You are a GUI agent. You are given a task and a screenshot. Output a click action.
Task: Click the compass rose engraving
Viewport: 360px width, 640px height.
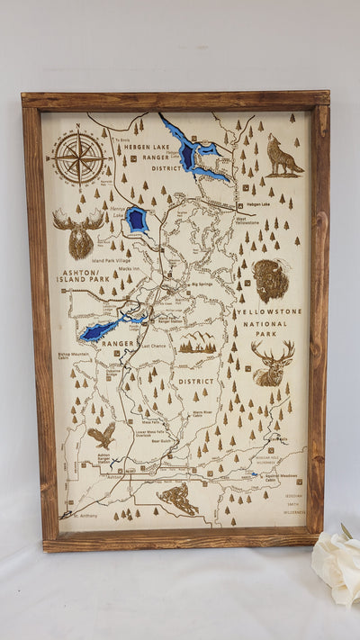[x=79, y=158]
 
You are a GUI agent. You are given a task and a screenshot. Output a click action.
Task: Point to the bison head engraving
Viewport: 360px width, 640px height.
[x=270, y=280]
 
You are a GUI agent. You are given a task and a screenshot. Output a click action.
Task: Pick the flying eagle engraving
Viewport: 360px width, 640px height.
[x=102, y=436]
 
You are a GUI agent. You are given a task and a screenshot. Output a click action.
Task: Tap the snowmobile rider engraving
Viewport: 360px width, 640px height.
[x=179, y=498]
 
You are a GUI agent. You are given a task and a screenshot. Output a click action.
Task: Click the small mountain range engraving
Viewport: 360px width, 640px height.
[x=197, y=342]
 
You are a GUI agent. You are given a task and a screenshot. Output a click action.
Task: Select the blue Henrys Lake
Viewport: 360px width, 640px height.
[x=137, y=220]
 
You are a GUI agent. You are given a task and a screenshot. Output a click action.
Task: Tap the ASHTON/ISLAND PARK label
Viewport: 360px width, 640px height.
[x=84, y=275]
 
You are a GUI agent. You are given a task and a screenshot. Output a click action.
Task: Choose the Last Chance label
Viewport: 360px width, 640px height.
[x=152, y=346]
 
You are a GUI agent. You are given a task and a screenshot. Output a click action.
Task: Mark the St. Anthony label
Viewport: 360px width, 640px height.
[x=78, y=515]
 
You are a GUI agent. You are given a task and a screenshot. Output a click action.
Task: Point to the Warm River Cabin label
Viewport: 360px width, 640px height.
[x=202, y=413]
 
